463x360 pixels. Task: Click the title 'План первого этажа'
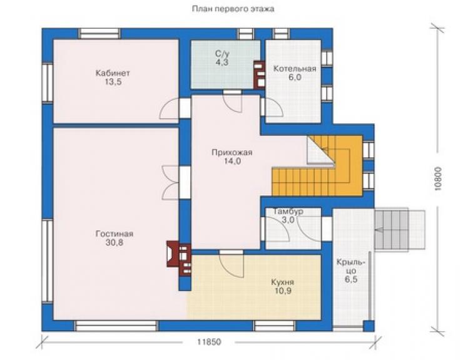pyautogui.click(x=233, y=9)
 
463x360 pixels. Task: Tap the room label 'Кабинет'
pyautogui.click(x=113, y=73)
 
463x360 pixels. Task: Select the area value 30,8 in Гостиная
pyautogui.click(x=114, y=243)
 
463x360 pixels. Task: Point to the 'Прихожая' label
pyautogui.click(x=232, y=153)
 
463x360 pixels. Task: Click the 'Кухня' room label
pyautogui.click(x=283, y=282)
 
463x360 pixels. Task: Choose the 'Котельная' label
pyautogui.click(x=295, y=69)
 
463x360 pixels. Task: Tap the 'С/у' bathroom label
pyautogui.click(x=222, y=54)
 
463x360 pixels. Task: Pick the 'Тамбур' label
pyautogui.click(x=288, y=212)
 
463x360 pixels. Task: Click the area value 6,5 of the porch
pyautogui.click(x=351, y=279)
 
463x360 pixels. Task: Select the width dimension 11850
pyautogui.click(x=209, y=342)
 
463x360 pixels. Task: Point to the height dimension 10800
pyautogui.click(x=438, y=178)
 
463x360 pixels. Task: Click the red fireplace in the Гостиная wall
pyautogui.click(x=179, y=258)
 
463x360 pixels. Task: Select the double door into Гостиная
pyautogui.click(x=171, y=182)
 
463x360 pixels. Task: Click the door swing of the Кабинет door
pyautogui.click(x=169, y=108)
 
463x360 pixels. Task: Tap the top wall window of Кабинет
pyautogui.click(x=99, y=34)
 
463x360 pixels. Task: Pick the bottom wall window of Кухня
pyautogui.click(x=275, y=326)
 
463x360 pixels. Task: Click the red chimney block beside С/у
pyautogui.click(x=259, y=75)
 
